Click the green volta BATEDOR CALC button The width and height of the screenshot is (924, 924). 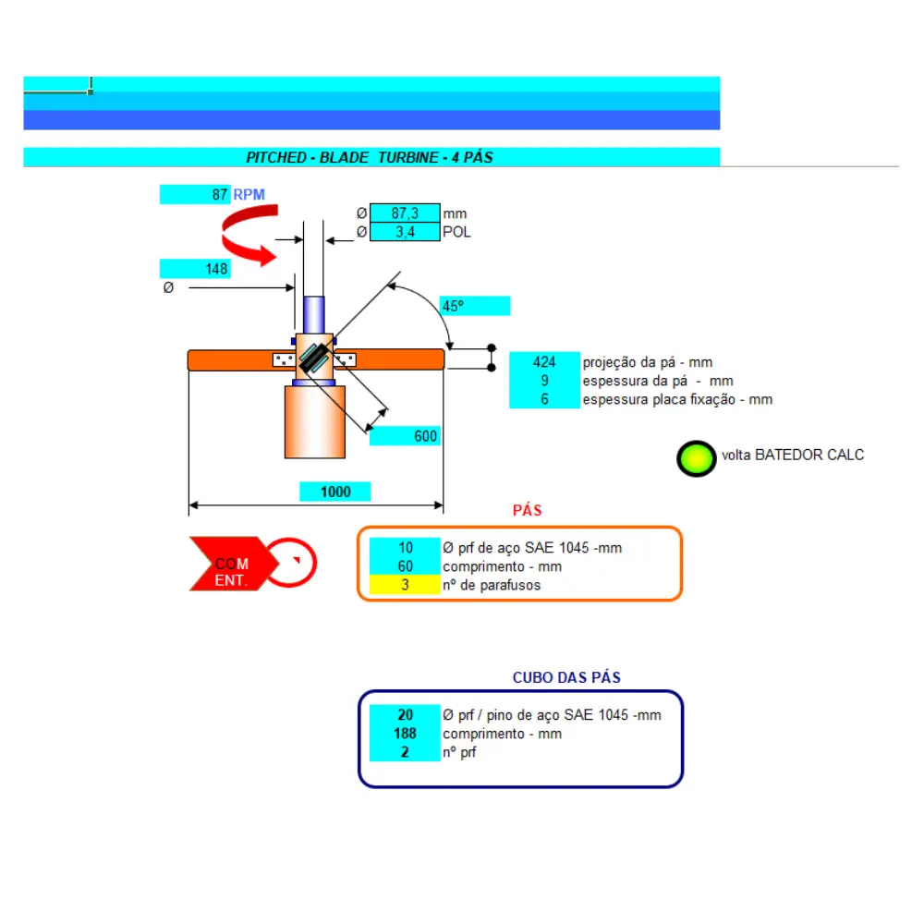pos(696,458)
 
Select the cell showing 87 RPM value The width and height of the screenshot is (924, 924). pos(195,194)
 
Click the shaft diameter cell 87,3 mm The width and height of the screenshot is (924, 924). pos(405,213)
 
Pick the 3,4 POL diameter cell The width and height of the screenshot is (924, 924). pos(405,232)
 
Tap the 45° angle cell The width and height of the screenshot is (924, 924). pos(475,306)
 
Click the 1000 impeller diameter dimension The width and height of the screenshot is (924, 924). pos(334,492)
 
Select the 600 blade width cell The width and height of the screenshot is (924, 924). pos(405,436)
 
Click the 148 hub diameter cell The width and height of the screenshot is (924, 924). pos(195,269)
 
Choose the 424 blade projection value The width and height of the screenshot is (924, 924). pos(544,362)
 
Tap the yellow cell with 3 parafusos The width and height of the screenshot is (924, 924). pos(405,585)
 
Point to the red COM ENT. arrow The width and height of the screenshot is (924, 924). pos(234,564)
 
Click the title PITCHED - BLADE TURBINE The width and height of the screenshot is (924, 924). pos(370,157)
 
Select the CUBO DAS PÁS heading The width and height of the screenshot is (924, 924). pos(566,677)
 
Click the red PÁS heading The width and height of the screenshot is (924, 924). pos(527,510)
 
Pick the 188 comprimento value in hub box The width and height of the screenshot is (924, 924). pos(405,733)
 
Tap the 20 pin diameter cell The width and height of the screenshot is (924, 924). pos(405,715)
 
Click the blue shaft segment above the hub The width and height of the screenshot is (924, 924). pos(313,315)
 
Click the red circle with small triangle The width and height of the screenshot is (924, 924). pos(292,562)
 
